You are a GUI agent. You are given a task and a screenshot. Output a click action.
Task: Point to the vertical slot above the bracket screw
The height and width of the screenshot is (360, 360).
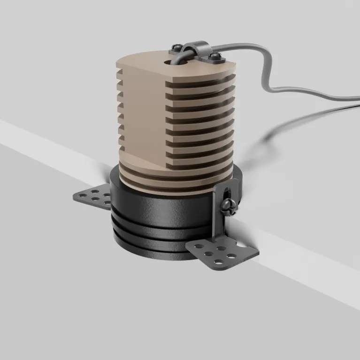click(x=226, y=192)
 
